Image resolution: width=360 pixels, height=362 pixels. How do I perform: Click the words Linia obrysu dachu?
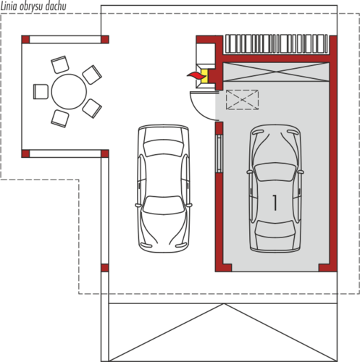pyautogui.click(x=33, y=7)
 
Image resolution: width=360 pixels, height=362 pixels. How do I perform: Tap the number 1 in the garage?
pyautogui.click(x=275, y=203)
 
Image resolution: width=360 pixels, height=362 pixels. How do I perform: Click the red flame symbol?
pyautogui.click(x=196, y=75)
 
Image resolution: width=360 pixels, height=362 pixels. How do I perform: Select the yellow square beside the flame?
pyautogui.click(x=204, y=75)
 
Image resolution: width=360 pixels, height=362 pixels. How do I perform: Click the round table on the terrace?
pyautogui.click(x=69, y=92)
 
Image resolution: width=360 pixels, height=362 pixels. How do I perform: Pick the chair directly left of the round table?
pyautogui.click(x=41, y=91)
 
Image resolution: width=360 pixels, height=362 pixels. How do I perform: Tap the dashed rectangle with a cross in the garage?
pyautogui.click(x=242, y=100)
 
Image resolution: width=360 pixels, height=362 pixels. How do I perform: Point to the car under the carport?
pyautogui.click(x=164, y=188)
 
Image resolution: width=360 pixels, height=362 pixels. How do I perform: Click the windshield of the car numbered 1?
pyautogui.click(x=275, y=172)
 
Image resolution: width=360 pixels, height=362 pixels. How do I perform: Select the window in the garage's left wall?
pyautogui.click(x=219, y=153)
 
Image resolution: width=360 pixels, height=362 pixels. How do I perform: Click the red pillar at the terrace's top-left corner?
pyautogui.click(x=25, y=39)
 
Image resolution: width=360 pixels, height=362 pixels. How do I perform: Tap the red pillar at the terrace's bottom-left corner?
pyautogui.click(x=25, y=153)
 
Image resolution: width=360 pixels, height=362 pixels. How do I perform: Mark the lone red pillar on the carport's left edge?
pyautogui.click(x=105, y=268)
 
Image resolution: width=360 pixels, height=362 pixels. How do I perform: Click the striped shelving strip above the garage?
pyautogui.click(x=276, y=43)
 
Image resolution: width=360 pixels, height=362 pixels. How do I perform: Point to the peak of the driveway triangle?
pyautogui.click(x=224, y=304)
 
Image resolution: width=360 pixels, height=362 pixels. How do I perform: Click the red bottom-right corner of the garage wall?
pyautogui.click(x=328, y=268)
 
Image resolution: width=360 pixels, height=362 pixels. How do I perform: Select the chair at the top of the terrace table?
pyautogui.click(x=60, y=64)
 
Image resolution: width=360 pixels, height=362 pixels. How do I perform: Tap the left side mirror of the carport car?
pyautogui.click(x=138, y=205)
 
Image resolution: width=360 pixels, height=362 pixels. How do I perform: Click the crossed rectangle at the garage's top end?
pyautogui.click(x=276, y=72)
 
